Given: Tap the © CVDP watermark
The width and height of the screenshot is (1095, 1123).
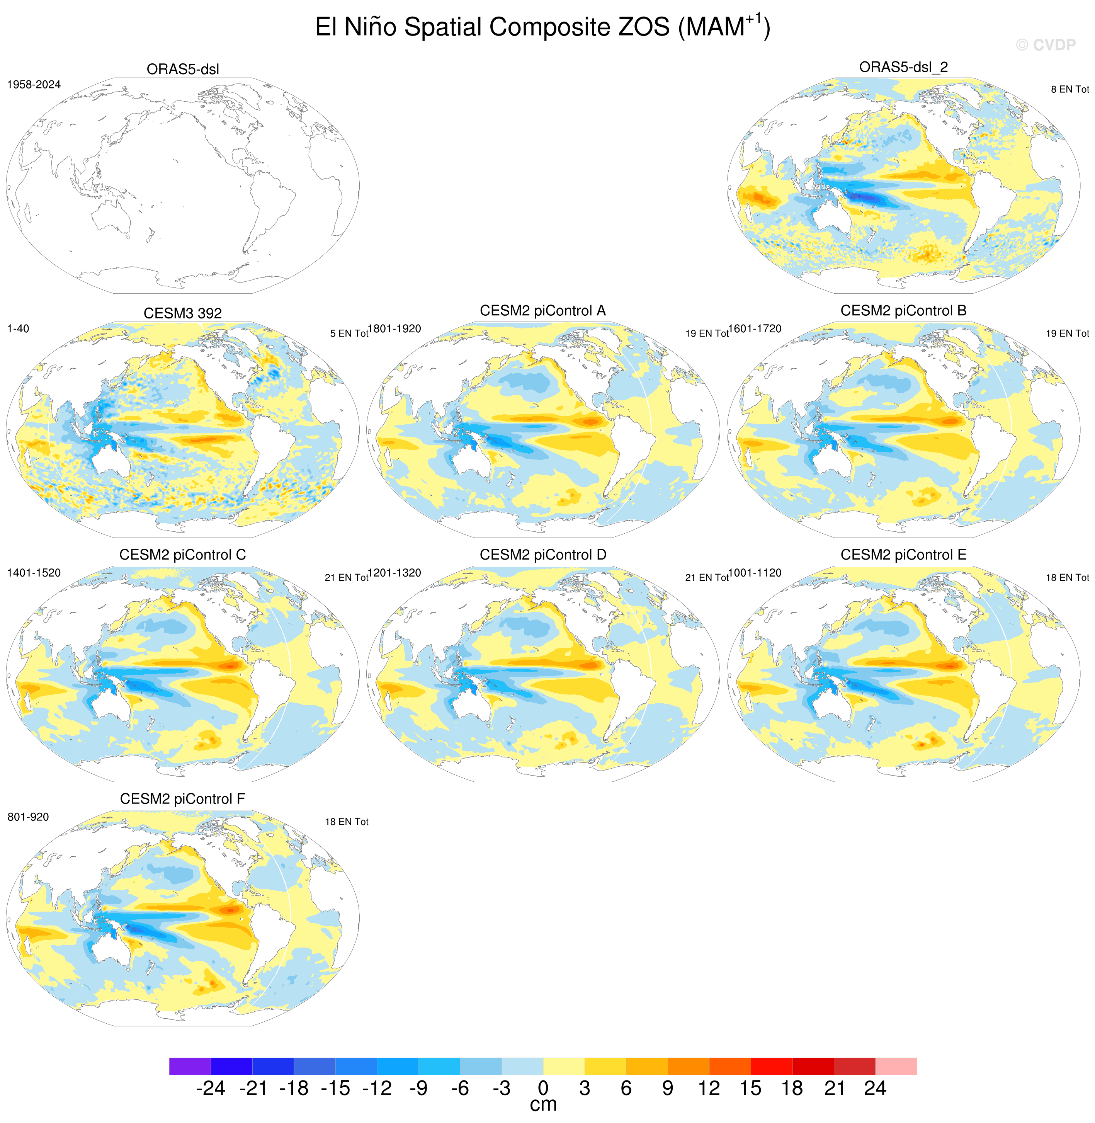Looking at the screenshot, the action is click(x=1045, y=45).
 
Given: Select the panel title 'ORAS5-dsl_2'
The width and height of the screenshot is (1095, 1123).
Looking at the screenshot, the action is click(x=903, y=67).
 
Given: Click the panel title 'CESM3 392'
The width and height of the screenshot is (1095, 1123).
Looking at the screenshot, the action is click(x=183, y=313).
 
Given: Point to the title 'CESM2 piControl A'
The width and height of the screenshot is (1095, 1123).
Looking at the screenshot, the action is click(x=543, y=311).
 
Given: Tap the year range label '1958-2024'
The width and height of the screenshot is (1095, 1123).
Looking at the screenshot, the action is click(x=34, y=85).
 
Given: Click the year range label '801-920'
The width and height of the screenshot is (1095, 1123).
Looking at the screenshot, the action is click(x=28, y=817).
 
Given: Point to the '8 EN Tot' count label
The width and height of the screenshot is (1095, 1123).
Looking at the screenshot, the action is click(x=1070, y=89).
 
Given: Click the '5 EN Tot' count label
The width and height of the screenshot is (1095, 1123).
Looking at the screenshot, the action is click(x=349, y=333).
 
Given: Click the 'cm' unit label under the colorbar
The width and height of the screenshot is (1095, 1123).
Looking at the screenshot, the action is click(x=543, y=1104).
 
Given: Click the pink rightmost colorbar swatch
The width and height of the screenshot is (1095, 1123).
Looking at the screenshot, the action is click(x=896, y=1066).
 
